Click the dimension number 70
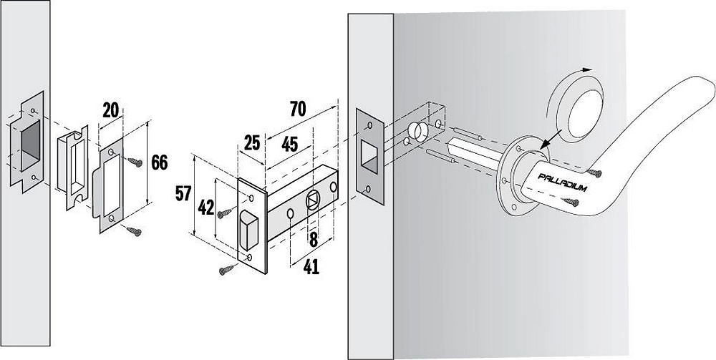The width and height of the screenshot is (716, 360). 297,109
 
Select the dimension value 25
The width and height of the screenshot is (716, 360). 251,142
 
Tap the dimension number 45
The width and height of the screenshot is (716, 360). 289,143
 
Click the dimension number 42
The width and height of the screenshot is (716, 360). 205,207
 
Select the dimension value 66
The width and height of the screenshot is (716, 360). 160,162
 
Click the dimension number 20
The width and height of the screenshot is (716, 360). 110,110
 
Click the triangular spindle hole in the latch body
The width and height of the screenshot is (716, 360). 314,200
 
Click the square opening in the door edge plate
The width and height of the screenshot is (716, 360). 369,153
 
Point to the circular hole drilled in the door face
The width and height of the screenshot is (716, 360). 414,131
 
